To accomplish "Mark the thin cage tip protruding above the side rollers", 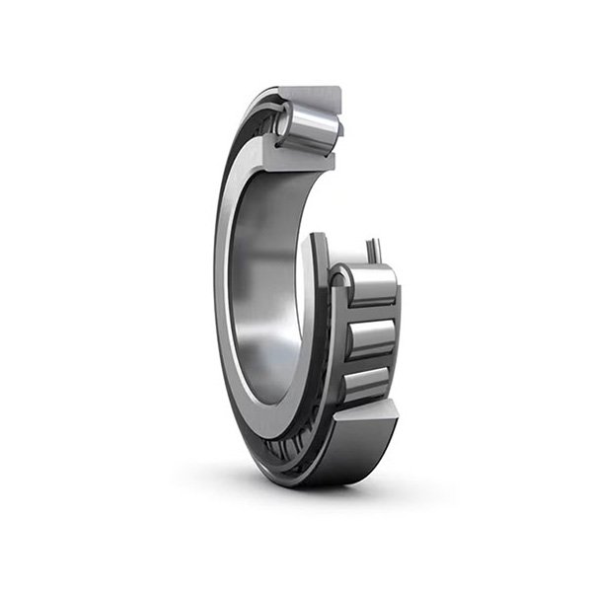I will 372,251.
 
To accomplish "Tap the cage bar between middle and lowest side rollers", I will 372,361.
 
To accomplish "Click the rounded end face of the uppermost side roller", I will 340,287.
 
